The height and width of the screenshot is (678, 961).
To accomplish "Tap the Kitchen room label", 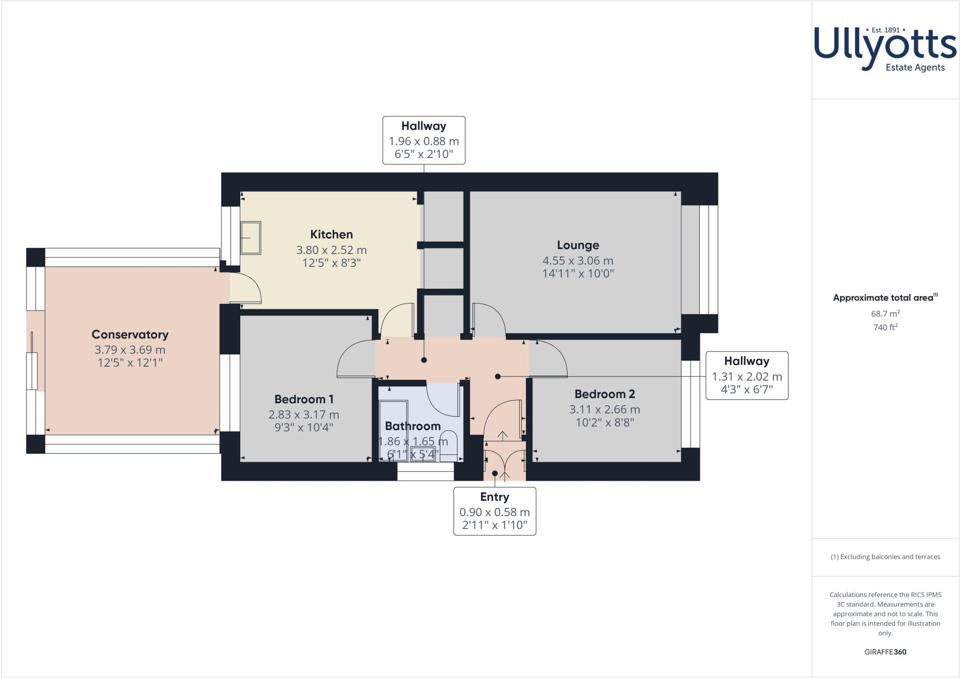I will click(x=331, y=234).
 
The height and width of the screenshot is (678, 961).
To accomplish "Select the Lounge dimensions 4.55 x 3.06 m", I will click(x=578, y=261).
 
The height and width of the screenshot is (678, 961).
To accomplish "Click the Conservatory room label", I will click(x=130, y=334).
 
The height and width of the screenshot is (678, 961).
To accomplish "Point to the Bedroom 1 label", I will click(x=304, y=399).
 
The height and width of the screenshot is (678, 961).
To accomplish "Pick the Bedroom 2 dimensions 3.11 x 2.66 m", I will click(x=604, y=409).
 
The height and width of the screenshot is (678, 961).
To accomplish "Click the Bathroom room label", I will click(x=412, y=426).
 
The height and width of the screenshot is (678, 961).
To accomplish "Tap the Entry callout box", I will click(x=495, y=511).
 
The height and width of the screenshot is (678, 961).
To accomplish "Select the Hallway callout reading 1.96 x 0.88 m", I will click(x=424, y=140).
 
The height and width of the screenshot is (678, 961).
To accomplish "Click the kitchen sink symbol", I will click(x=250, y=238).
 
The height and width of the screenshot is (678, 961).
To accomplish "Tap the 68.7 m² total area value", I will click(x=885, y=314).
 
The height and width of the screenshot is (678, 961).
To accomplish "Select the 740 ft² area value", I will click(x=885, y=327).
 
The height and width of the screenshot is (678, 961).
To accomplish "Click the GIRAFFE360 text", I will click(x=885, y=652).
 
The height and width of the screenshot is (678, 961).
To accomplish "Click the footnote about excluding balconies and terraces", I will click(x=885, y=557).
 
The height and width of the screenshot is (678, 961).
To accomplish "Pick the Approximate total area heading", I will click(x=884, y=298).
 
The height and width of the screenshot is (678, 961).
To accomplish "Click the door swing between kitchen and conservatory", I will click(x=246, y=287).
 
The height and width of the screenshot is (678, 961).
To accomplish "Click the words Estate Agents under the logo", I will click(x=915, y=68).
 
